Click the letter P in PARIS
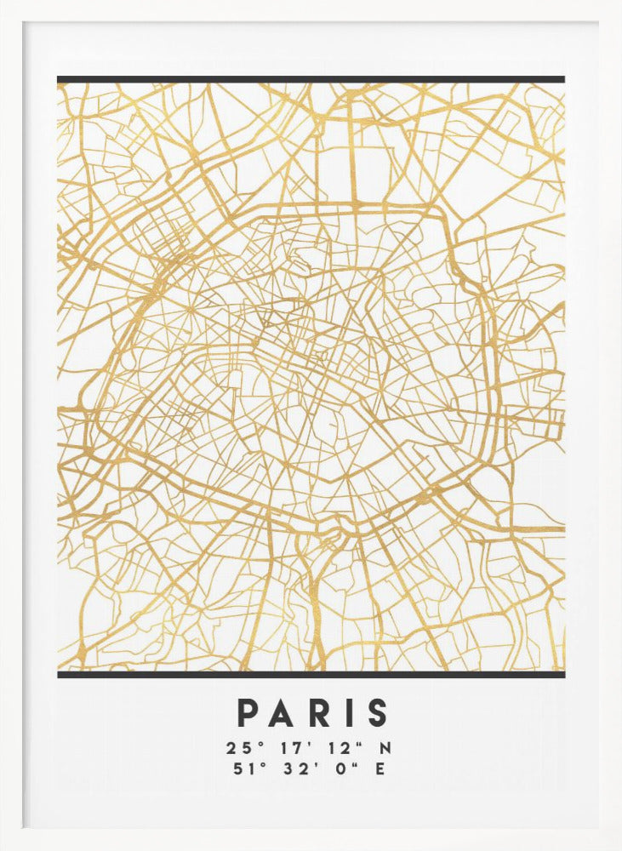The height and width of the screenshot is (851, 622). (x=247, y=713)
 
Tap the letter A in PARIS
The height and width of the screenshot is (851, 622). (x=283, y=713)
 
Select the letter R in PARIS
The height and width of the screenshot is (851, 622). (x=320, y=713)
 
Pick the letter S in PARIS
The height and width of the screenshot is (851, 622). (x=378, y=713)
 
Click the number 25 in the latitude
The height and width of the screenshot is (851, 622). (x=236, y=749)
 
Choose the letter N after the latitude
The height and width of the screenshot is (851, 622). (x=385, y=749)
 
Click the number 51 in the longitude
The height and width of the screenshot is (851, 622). (x=240, y=769)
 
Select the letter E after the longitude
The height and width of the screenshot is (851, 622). (x=380, y=769)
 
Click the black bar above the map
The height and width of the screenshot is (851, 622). (x=311, y=80)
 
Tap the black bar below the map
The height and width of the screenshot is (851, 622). (x=311, y=674)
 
